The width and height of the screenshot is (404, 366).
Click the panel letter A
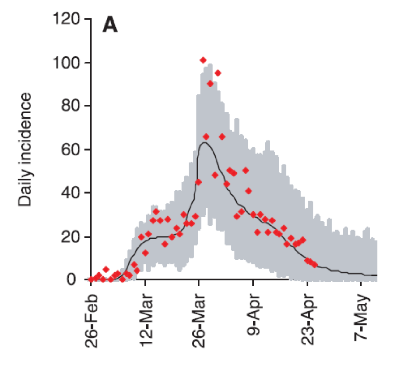[110, 25]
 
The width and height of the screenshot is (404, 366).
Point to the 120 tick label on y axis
[66, 19]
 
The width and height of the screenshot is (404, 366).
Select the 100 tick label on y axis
[66, 63]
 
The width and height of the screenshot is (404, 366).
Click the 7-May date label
[362, 317]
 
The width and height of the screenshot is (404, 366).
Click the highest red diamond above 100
[203, 60]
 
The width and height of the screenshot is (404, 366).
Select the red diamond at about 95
[218, 73]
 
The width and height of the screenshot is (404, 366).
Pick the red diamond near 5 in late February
[106, 269]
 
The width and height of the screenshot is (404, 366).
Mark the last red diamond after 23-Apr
[314, 265]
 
